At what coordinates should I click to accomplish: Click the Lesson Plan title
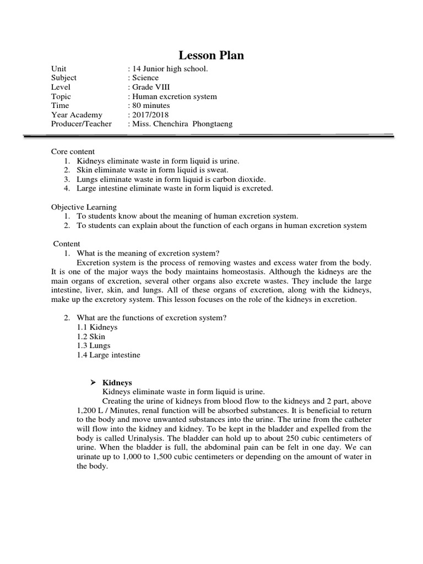tap(211, 55)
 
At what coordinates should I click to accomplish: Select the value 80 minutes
tap(151, 105)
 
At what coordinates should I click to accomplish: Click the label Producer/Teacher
tap(81, 124)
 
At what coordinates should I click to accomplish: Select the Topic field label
tap(61, 96)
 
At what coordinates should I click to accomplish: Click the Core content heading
tap(73, 151)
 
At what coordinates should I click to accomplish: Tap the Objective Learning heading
tap(84, 207)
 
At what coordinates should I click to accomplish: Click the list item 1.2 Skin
tap(91, 337)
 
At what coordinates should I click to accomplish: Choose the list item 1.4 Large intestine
tap(109, 355)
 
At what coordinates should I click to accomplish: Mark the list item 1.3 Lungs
tap(94, 345)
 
